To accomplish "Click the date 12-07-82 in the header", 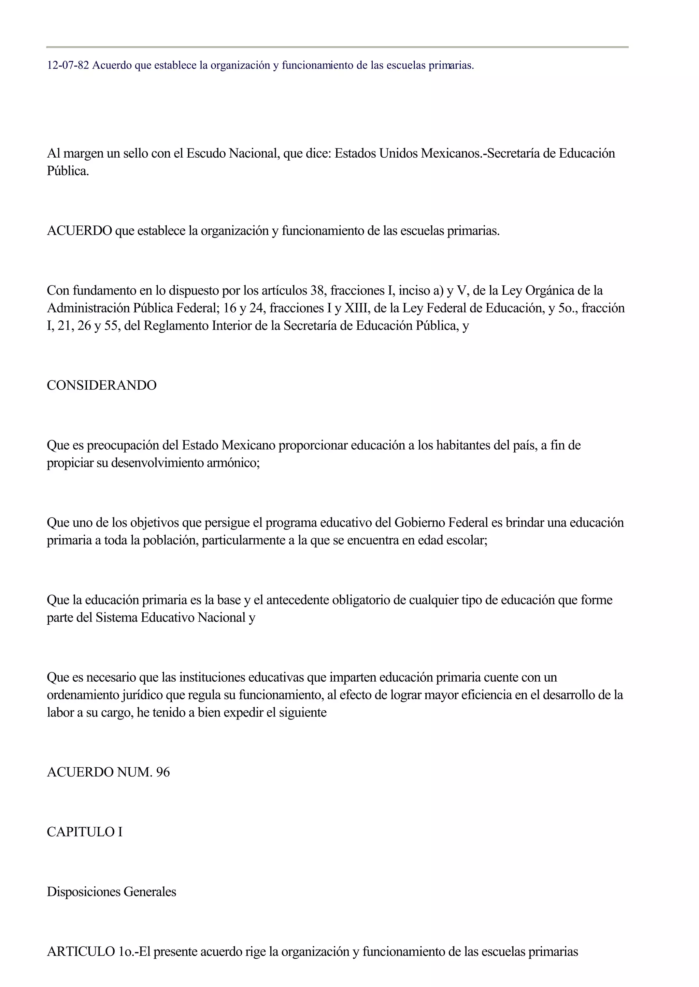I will [68, 66].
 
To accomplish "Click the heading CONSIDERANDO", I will [102, 385].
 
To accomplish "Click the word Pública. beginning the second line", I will [68, 171].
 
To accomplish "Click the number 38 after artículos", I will [317, 291].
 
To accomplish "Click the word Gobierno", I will [419, 523].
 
